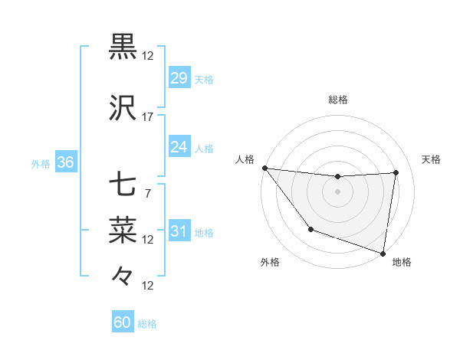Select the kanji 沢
pos(123,109)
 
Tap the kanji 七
pos(123,185)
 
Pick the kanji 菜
pos(123,229)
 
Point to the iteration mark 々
pos(123,274)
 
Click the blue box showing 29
pos(179,78)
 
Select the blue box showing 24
pos(179,147)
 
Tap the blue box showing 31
pos(179,231)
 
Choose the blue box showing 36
pos(65,162)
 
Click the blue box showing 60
pos(123,322)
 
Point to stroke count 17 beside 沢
pos(148,117)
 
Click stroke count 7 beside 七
pos(148,193)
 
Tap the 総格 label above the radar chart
pos(338,100)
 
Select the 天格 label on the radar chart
pos(431,159)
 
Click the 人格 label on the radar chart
pos(245,159)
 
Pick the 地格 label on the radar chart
pos(402,262)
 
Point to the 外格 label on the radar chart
pos(270,262)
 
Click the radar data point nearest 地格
pos(383,253)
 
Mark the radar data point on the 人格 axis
pos(264,168)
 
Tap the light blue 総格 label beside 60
pos(147,324)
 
